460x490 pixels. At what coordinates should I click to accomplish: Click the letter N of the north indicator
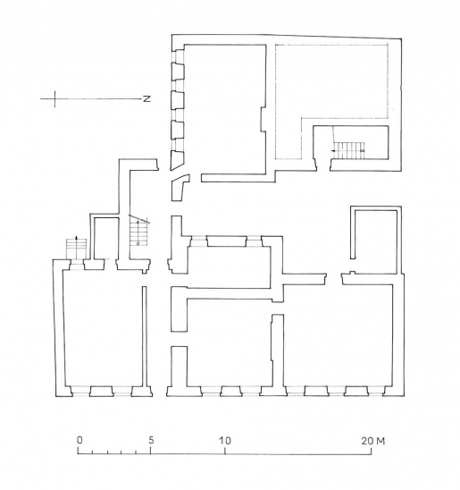click(146, 98)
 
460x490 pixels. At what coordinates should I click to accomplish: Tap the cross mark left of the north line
click(56, 98)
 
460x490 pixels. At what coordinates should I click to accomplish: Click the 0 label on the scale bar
click(79, 441)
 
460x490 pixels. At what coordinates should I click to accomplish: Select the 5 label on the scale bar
click(151, 441)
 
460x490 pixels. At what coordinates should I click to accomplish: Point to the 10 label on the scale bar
click(224, 441)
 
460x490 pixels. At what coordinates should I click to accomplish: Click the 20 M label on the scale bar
click(373, 441)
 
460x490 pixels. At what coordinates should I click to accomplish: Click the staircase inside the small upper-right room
click(349, 151)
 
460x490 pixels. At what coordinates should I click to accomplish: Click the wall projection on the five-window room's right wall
click(263, 120)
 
